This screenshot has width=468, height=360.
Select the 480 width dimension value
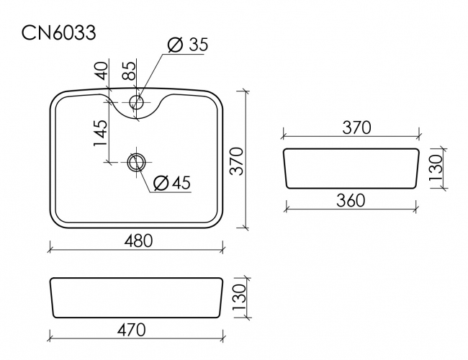click(138, 240)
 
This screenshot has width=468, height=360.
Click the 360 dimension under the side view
click(350, 199)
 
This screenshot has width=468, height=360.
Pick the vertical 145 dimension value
click(100, 134)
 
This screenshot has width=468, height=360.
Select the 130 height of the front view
click(239, 294)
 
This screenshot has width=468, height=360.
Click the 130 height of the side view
click(436, 168)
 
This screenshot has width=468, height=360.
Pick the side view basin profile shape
click(351, 168)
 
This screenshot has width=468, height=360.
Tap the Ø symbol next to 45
click(161, 184)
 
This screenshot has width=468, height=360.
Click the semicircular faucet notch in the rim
click(140, 108)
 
